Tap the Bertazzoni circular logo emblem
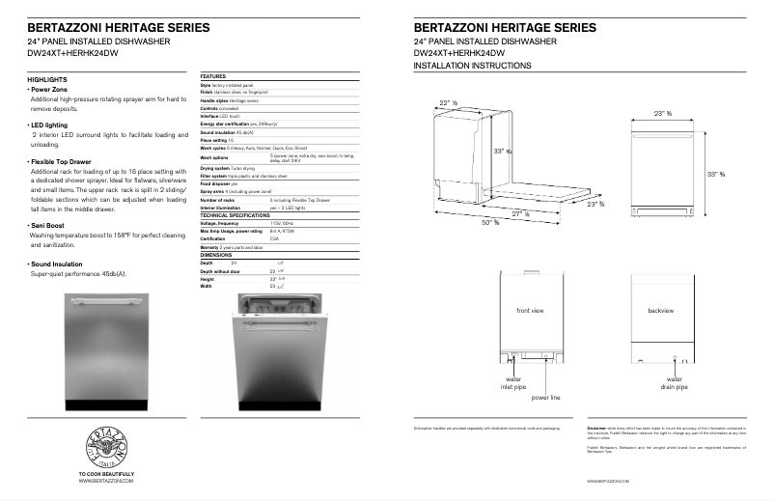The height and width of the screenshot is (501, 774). [107, 444]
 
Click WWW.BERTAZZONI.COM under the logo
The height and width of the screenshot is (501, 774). [106, 481]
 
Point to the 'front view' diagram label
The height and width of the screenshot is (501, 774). [530, 311]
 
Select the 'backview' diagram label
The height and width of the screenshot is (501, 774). [661, 311]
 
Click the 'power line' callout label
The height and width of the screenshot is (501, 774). [545, 397]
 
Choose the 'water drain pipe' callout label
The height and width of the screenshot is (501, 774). [675, 384]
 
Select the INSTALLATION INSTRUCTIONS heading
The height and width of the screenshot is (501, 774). [472, 66]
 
